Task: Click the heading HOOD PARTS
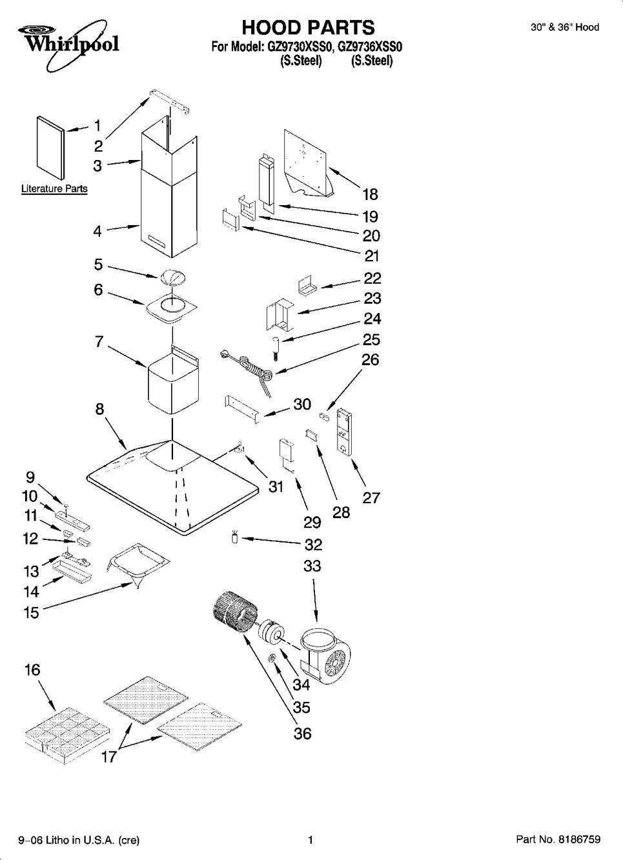(x=307, y=27)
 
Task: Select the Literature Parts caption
(x=54, y=189)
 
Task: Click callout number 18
(x=370, y=194)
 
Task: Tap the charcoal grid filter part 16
(x=58, y=732)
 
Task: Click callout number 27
(x=371, y=497)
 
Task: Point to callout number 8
(x=100, y=409)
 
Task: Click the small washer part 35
(x=274, y=657)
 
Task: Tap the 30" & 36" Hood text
(x=565, y=27)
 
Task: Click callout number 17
(x=109, y=756)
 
